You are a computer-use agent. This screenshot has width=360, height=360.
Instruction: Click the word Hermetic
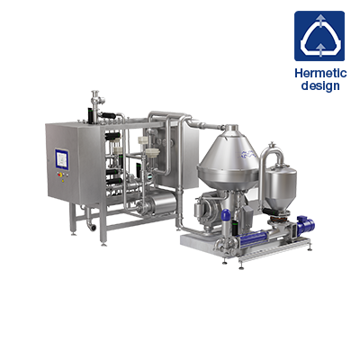pyautogui.click(x=320, y=73)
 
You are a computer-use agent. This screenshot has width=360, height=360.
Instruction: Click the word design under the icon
pyautogui.click(x=320, y=85)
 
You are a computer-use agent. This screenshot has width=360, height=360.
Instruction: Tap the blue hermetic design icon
pyautogui.click(x=319, y=36)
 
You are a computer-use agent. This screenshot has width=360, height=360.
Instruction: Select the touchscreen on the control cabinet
pyautogui.click(x=62, y=159)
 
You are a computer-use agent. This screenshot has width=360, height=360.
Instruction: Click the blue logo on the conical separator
pyautogui.click(x=248, y=155)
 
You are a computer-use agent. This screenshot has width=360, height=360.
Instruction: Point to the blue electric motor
pyautogui.click(x=305, y=223)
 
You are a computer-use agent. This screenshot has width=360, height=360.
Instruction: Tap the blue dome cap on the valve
pyautogui.click(x=226, y=215)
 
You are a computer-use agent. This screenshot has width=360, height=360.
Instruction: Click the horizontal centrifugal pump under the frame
pyautogui.click(x=157, y=204)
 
